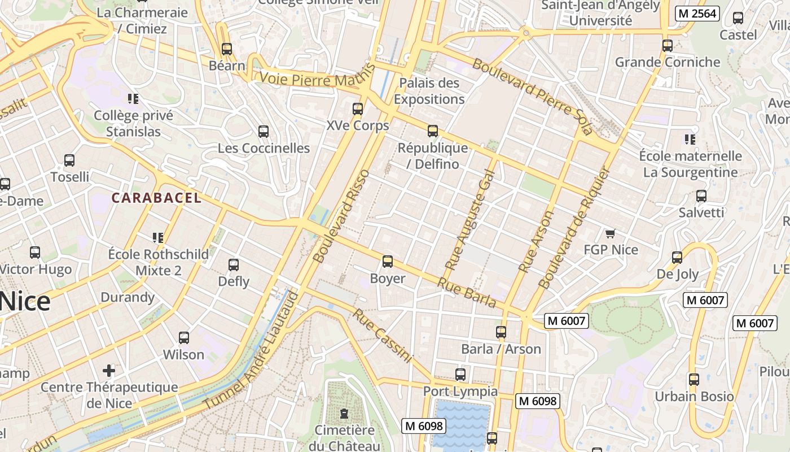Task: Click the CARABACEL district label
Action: point(156,198)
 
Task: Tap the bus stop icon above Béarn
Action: point(227,49)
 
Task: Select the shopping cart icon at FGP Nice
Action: point(609,233)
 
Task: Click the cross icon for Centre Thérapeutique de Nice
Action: point(109,371)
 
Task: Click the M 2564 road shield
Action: point(697,14)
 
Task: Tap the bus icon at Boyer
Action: point(388,262)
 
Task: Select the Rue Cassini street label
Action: point(383,336)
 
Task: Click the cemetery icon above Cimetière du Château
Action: point(344,414)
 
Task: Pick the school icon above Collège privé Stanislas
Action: point(133,99)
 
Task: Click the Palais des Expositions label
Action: point(429,91)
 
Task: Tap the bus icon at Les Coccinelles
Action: point(264,132)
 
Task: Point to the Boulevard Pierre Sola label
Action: point(532,96)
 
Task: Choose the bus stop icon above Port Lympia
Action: point(460,375)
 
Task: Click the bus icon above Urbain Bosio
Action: point(694,380)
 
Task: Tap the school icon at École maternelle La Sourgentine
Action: point(690,139)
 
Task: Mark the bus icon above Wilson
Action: point(184,338)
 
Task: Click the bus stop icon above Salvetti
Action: point(701,196)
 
